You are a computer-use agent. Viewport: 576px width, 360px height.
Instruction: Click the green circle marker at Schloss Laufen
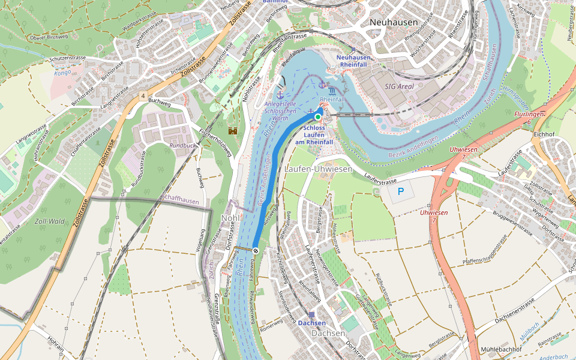coord(318,117)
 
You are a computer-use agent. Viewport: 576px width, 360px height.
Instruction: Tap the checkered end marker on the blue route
coord(256,250)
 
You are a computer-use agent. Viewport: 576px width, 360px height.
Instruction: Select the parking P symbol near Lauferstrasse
coord(401,193)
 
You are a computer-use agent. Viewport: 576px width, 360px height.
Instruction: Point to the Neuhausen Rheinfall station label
coord(355,61)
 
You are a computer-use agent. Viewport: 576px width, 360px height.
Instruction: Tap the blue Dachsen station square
coord(311,314)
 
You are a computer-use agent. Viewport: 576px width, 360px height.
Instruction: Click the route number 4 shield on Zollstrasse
coord(143,96)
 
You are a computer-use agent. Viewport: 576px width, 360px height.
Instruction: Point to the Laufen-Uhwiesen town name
coord(318,169)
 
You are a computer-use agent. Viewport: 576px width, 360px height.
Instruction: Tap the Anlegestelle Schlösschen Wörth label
coord(281,111)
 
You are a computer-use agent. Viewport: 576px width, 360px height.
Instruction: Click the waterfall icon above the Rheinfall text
coord(332,89)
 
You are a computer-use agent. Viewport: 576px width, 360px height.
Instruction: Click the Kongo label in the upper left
coord(62,72)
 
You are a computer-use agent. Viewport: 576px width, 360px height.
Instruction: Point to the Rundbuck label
coord(182,145)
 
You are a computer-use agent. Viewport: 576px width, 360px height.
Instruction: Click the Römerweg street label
coord(271,322)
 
